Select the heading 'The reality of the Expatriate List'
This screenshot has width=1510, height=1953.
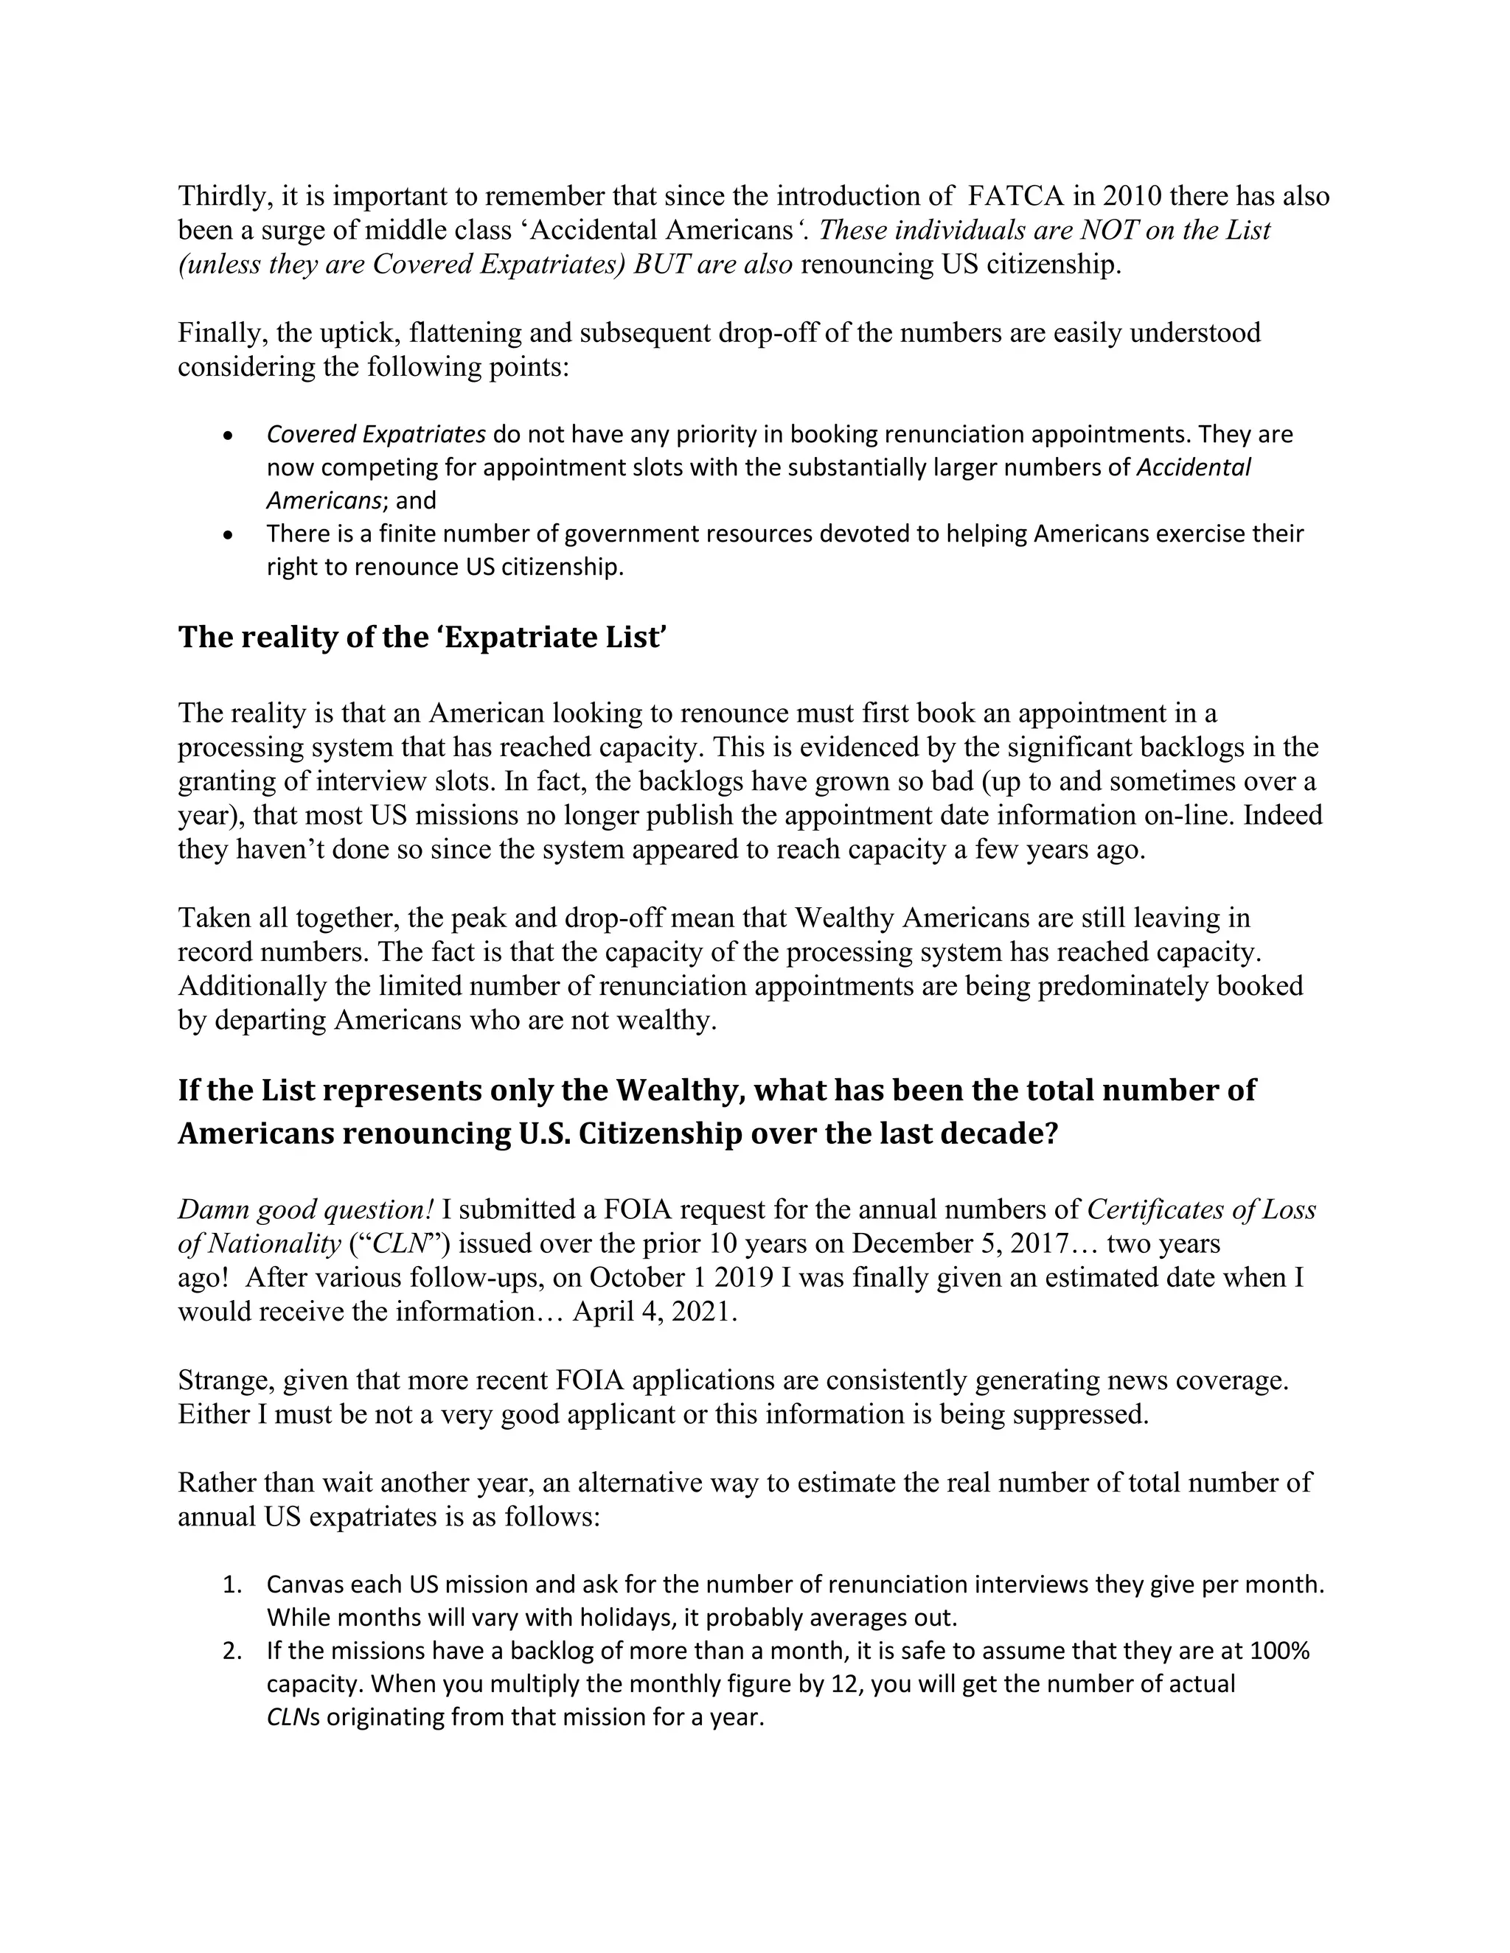(422, 637)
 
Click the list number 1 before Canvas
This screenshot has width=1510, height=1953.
(232, 1585)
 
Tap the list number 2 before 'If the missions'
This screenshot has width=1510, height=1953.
(232, 1652)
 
